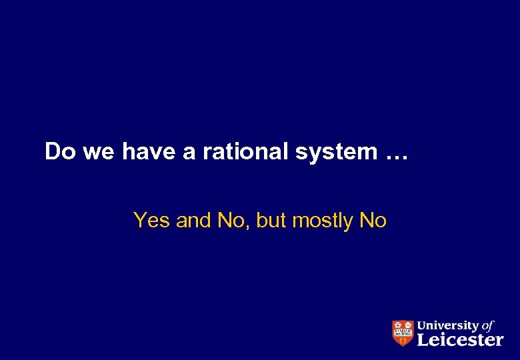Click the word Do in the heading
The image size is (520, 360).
60,152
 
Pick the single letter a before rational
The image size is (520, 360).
189,153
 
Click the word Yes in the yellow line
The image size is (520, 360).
153,220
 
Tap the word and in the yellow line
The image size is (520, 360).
193,220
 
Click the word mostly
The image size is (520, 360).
323,221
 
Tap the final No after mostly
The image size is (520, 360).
373,220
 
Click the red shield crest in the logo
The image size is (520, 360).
402,333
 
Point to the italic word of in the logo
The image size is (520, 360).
488,326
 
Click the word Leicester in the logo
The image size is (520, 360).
460,340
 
